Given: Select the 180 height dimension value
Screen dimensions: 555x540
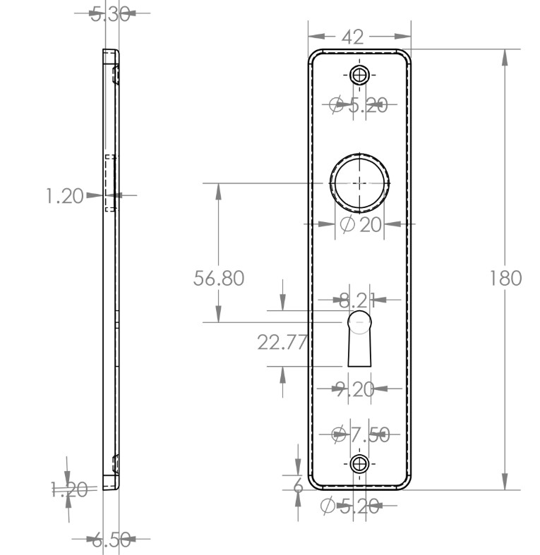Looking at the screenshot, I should click(x=505, y=278).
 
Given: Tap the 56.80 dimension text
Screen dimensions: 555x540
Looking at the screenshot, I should click(x=219, y=278).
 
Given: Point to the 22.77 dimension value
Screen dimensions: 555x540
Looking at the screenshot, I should click(x=282, y=343).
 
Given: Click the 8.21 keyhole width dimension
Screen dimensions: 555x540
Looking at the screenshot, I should click(x=356, y=301).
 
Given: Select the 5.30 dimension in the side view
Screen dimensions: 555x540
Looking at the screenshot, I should click(x=111, y=13).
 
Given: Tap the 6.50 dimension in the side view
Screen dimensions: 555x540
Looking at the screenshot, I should click(x=112, y=541).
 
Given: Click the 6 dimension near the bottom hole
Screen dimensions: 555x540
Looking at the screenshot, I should click(x=297, y=485).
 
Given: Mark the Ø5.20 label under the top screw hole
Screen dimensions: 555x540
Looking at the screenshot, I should click(x=359, y=106).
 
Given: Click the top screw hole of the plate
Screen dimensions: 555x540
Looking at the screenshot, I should click(x=360, y=75).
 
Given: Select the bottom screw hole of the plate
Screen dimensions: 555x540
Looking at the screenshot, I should click(x=360, y=463).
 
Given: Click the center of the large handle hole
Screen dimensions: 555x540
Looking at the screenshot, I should click(x=360, y=182).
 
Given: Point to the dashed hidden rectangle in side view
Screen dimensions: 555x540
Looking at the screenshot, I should click(x=110, y=183).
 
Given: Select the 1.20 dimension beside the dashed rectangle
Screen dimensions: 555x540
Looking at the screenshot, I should click(x=65, y=196).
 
